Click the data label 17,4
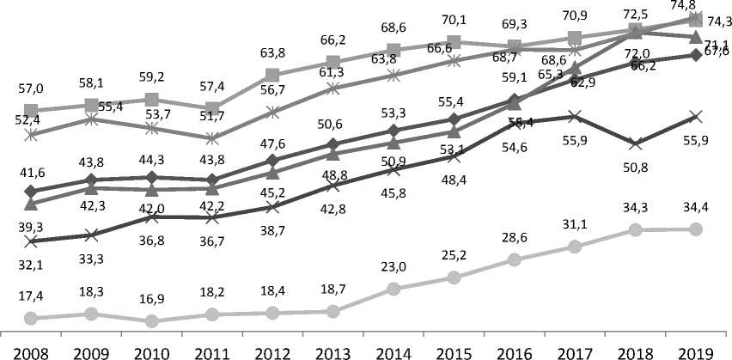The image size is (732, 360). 31,295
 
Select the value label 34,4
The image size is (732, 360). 695,207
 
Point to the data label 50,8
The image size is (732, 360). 634,168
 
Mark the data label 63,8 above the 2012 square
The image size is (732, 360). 272,53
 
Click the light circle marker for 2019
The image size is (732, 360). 695,229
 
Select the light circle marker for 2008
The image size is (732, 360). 31,319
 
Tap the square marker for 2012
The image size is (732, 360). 272,75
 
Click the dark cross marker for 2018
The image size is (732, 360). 634,143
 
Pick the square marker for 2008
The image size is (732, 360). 31,110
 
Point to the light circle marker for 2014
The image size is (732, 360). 393,289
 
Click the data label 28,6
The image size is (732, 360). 514,236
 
